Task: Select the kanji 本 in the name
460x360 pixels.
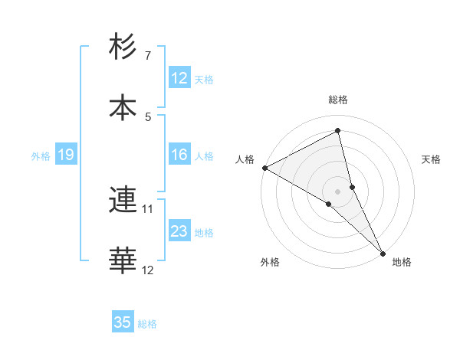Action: coord(123,108)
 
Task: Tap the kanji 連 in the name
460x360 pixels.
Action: coord(123,200)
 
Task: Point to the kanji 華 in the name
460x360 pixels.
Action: coord(123,261)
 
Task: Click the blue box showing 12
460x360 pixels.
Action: coord(179,78)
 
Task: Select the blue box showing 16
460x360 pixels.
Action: coord(179,155)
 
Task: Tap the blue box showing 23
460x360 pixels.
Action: coord(179,231)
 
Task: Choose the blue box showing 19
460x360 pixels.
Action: coord(66,155)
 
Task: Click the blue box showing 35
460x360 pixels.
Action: coord(123,322)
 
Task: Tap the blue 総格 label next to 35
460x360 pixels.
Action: coord(147,324)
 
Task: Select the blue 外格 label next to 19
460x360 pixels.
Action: coord(41,155)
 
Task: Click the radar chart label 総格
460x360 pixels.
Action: coord(338,100)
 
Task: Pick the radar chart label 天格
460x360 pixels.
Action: coord(431,159)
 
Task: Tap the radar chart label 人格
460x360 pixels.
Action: coord(245,159)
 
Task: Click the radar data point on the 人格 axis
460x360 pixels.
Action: coord(264,167)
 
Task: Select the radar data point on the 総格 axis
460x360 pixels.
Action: coord(338,130)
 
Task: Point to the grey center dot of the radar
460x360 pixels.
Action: coord(338,191)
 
